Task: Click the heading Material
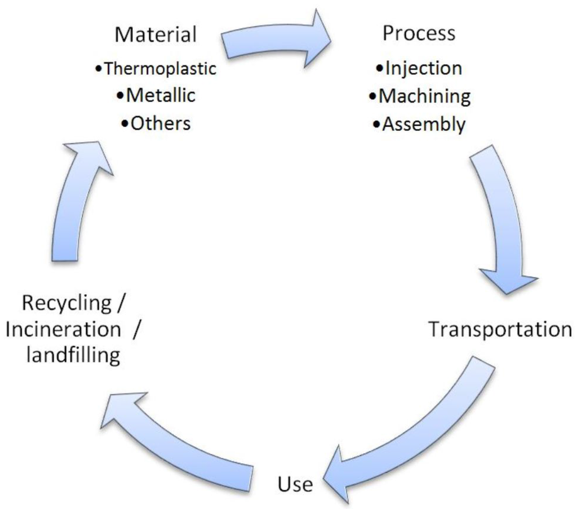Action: click(156, 34)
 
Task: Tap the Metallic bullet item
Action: click(156, 95)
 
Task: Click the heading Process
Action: click(419, 33)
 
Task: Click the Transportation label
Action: click(500, 329)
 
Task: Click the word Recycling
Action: click(66, 303)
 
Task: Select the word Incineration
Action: click(63, 329)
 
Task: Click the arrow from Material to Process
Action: click(276, 42)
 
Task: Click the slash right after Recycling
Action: click(120, 303)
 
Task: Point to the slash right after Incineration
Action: click(135, 329)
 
